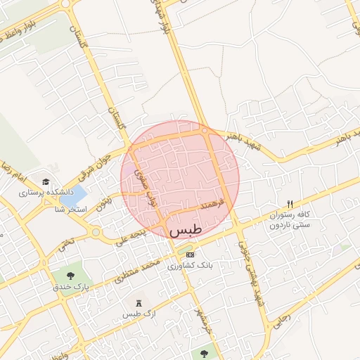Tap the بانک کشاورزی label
click(x=195, y=265)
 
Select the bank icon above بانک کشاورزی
click(x=191, y=253)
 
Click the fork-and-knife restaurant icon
click(x=290, y=203)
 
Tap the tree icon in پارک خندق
click(x=71, y=275)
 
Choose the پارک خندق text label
click(x=72, y=287)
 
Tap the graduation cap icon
click(x=46, y=181)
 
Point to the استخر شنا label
click(x=71, y=210)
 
